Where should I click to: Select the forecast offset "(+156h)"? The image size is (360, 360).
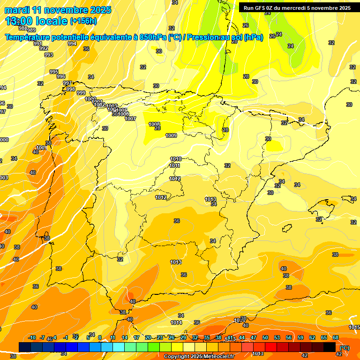tap(83, 21)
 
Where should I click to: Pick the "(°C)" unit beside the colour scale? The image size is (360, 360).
tap(345, 348)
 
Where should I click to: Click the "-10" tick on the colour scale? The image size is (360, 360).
tap(32, 337)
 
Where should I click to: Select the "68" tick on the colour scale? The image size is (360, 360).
tap(336, 337)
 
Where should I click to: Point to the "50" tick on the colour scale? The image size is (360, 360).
tap(265, 337)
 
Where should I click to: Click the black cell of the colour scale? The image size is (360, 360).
tap(330, 347)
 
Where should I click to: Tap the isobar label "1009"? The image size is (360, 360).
tap(171, 135)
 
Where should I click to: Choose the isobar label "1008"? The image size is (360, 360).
tap(154, 124)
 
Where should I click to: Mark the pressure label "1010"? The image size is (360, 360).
tap(176, 159)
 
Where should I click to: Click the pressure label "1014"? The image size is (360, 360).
tap(176, 322)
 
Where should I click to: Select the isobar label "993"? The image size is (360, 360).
tap(49, 55)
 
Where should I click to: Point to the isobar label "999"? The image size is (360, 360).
tap(81, 93)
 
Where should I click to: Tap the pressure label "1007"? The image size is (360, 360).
tap(130, 119)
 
